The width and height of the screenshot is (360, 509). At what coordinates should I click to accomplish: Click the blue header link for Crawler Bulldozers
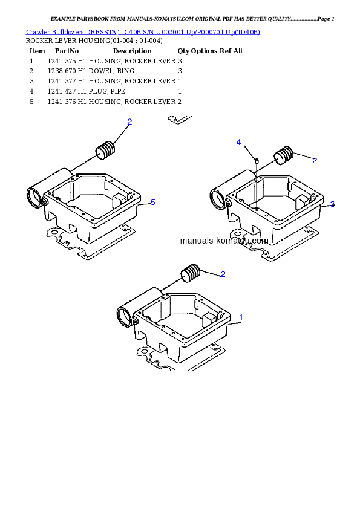tap(143, 31)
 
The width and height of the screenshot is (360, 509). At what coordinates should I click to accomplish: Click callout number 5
tap(153, 203)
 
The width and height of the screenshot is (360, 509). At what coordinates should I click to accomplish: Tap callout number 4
tap(239, 142)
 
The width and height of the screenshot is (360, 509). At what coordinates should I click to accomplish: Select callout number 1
tap(241, 317)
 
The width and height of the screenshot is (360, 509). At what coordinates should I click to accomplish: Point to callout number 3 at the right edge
tap(332, 204)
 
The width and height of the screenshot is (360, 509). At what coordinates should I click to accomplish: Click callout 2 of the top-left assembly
tap(129, 122)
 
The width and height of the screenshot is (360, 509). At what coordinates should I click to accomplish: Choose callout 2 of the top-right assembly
tap(315, 160)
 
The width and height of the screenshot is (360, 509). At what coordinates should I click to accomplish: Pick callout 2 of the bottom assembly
tap(223, 274)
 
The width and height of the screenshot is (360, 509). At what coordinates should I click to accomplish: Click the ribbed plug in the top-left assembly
tap(106, 150)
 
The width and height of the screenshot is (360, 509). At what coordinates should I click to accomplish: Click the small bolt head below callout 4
tap(257, 161)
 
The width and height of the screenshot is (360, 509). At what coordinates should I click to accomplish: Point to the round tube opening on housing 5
tap(35, 196)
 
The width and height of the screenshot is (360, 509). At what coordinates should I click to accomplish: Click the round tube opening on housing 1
tap(125, 315)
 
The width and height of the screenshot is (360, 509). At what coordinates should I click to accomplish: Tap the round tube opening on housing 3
tap(218, 197)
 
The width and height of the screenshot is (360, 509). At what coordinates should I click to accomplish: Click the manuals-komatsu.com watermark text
tap(224, 241)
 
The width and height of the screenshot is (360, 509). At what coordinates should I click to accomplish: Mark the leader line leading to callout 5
tap(145, 204)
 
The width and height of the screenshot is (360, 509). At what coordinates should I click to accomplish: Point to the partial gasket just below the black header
tap(180, 120)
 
